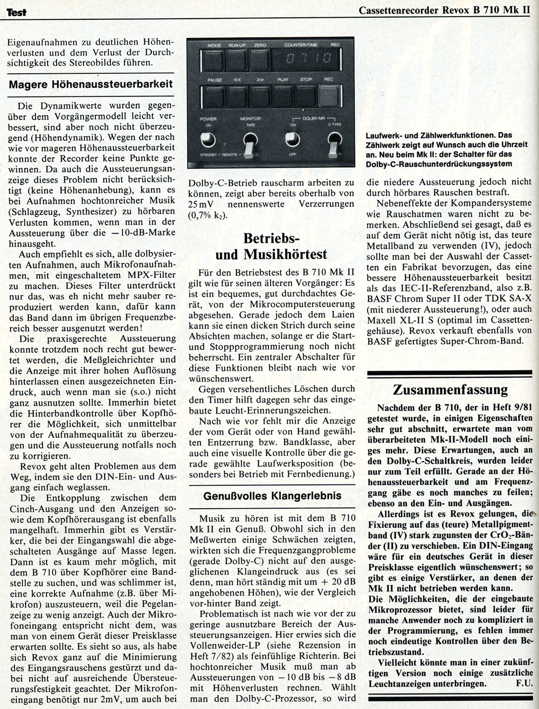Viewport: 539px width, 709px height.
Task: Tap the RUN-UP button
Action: [x=237, y=58]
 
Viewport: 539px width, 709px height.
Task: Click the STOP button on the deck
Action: [x=306, y=95]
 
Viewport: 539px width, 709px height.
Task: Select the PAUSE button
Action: [x=215, y=95]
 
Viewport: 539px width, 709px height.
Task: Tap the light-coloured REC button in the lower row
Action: [x=328, y=95]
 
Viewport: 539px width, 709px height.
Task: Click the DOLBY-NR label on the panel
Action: [x=313, y=118]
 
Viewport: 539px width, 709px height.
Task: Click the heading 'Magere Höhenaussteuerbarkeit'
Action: [x=91, y=84]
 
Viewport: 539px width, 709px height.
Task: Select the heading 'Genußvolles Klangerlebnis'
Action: [x=272, y=495]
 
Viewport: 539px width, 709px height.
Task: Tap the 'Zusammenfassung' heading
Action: [x=450, y=390]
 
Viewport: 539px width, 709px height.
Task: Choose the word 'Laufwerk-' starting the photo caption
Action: [x=384, y=135]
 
